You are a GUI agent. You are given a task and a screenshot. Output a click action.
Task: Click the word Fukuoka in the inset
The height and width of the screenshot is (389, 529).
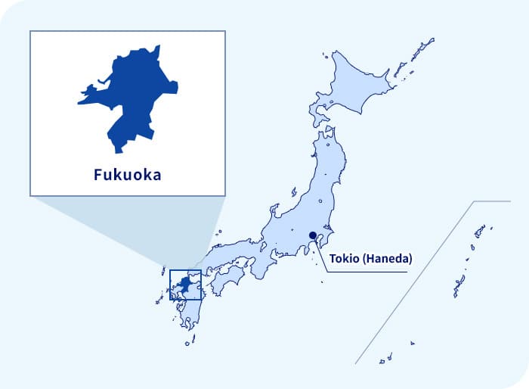[127, 175]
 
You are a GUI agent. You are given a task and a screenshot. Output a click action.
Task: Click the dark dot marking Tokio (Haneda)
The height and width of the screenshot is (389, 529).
[313, 235]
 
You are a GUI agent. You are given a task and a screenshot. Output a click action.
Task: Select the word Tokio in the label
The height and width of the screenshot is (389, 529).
[344, 259]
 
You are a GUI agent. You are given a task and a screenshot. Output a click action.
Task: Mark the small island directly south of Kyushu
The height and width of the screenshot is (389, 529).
[187, 342]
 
